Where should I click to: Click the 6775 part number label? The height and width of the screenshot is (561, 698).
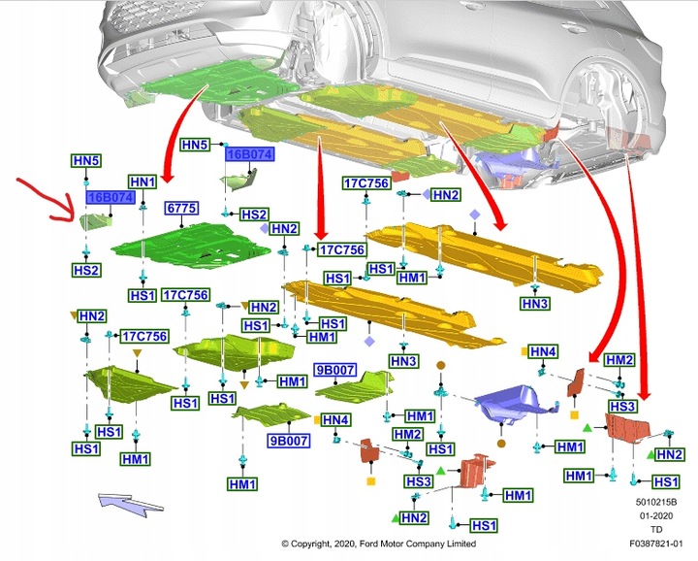click(x=182, y=209)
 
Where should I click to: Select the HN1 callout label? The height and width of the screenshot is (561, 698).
click(x=143, y=181)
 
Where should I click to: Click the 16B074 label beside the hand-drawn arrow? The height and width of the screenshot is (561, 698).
click(x=110, y=197)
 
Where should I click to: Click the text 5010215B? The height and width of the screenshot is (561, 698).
click(x=656, y=502)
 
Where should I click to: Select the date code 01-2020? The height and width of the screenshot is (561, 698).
click(x=656, y=515)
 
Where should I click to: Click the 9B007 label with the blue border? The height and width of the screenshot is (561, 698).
click(x=335, y=370)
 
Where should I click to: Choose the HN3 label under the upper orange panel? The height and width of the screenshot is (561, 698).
click(x=535, y=304)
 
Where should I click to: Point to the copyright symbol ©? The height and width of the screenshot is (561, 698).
click(x=285, y=545)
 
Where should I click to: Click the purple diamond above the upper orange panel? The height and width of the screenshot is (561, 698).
click(x=474, y=213)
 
